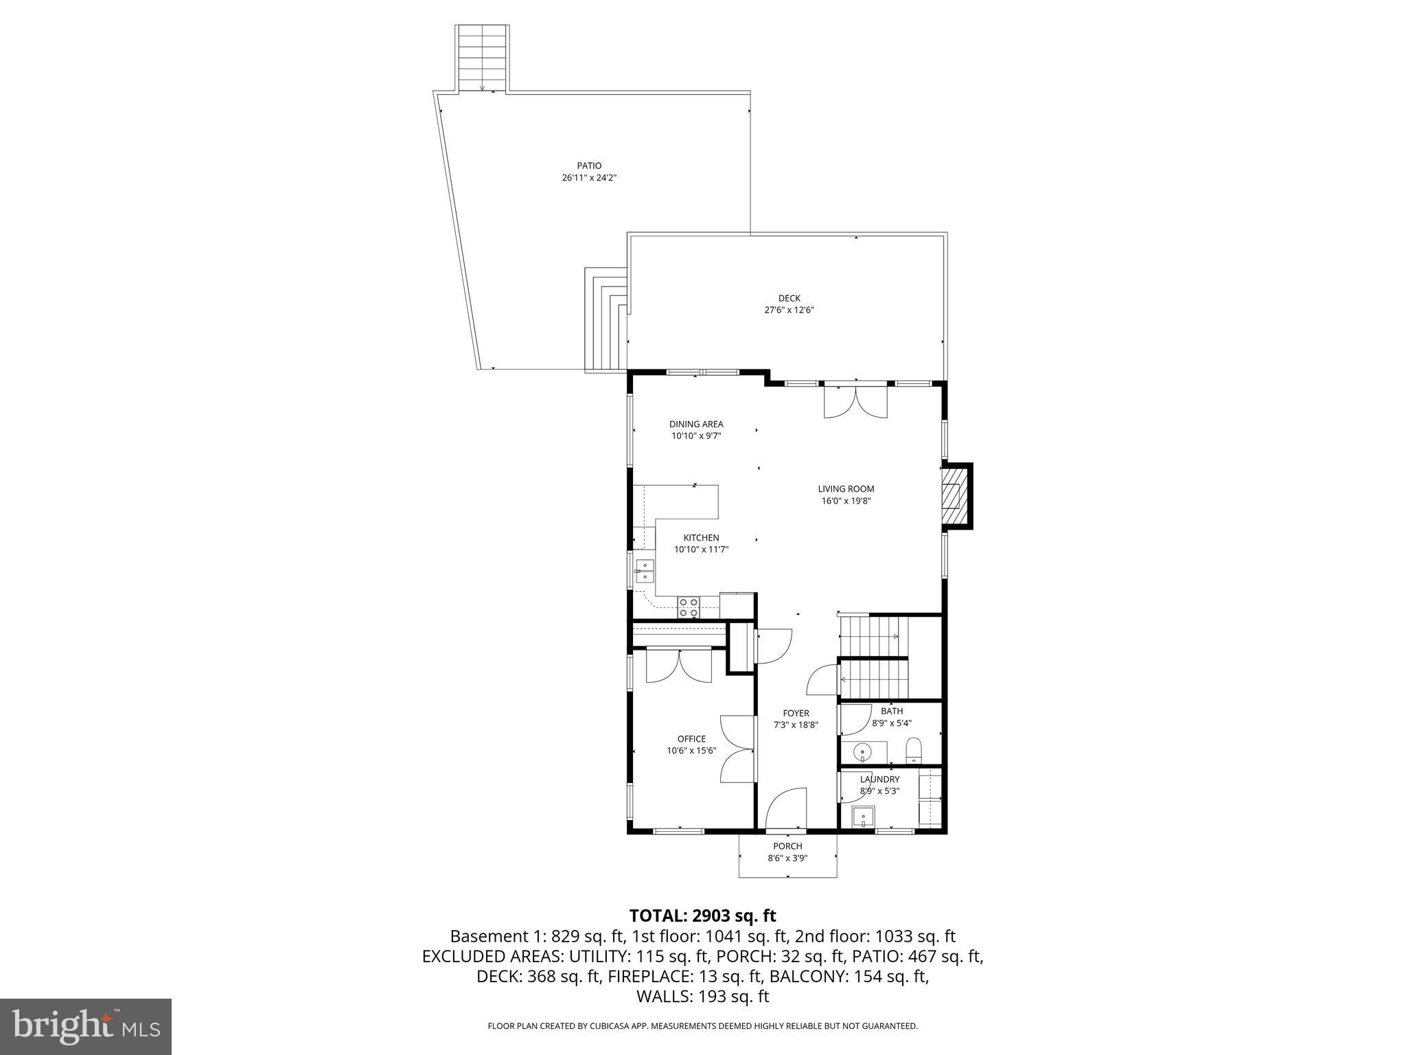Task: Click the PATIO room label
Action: [589, 166]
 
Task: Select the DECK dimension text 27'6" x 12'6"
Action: [789, 310]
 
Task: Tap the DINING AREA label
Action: [696, 424]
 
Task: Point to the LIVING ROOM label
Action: [846, 489]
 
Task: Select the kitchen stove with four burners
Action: [689, 607]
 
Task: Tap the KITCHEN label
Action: [701, 538]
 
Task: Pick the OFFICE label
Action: [691, 739]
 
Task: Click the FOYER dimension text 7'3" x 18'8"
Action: [796, 725]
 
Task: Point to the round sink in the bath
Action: [863, 753]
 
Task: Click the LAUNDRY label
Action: [879, 780]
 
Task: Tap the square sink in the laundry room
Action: [863, 817]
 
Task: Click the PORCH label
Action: [787, 846]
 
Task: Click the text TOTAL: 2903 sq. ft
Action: [702, 916]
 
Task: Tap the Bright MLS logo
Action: [86, 1027]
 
